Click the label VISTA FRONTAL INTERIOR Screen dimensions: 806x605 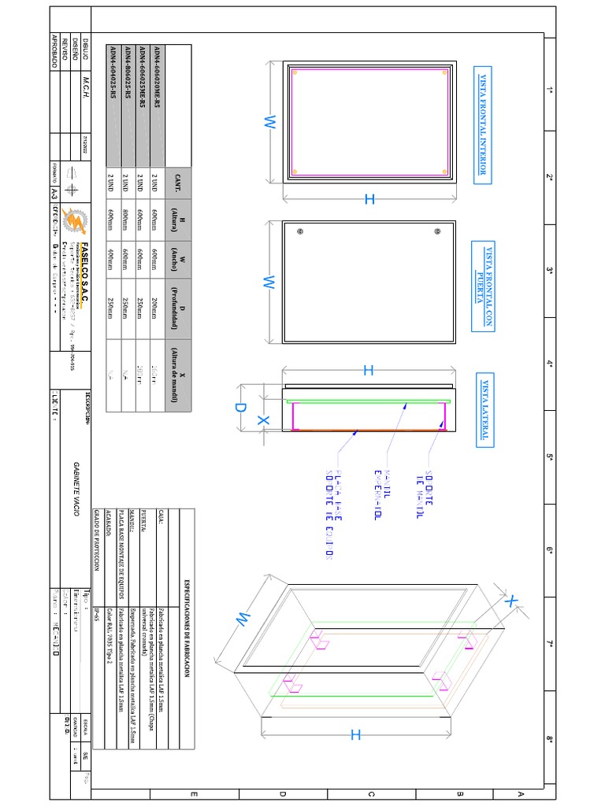click(x=483, y=125)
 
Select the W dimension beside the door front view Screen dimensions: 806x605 click(x=268, y=283)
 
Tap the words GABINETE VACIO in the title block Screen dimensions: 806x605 click(x=76, y=488)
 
